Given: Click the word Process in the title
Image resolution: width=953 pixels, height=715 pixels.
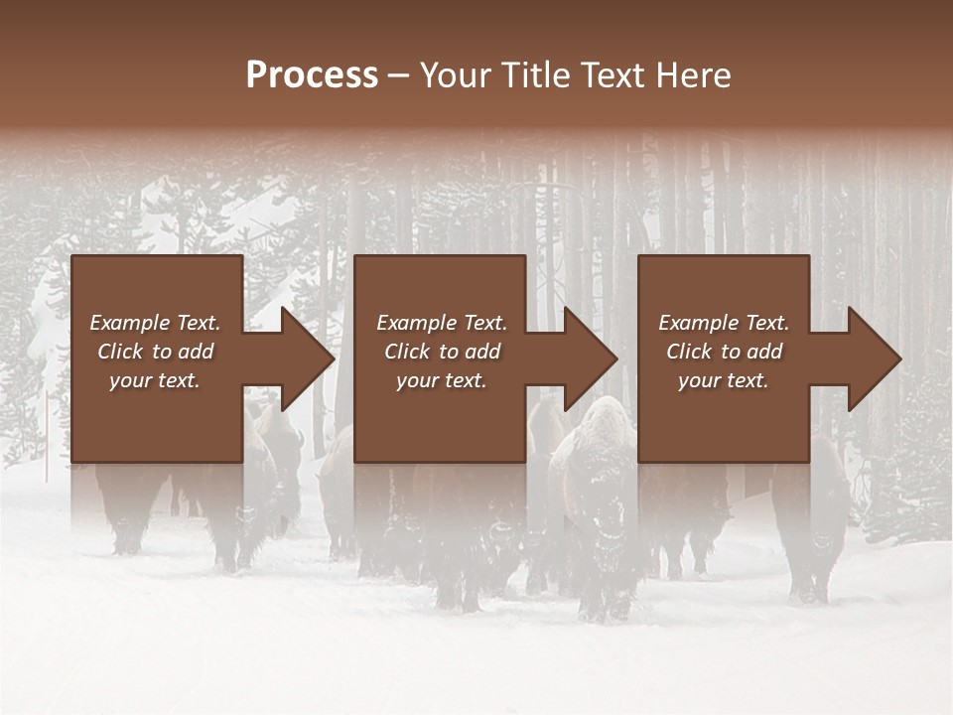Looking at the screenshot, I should click(x=312, y=75).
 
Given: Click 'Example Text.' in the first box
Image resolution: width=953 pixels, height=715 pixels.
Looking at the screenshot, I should click(x=155, y=323).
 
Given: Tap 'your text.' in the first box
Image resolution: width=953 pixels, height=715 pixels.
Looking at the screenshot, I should click(x=155, y=380).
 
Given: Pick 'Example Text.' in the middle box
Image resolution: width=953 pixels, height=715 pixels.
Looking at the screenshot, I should click(x=442, y=323).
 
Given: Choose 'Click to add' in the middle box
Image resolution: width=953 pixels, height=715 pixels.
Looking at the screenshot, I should click(x=442, y=352).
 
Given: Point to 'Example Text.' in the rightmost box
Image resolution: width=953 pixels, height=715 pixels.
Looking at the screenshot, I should click(x=724, y=323).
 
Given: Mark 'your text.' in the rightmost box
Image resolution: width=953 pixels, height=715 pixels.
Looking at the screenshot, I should click(x=724, y=380).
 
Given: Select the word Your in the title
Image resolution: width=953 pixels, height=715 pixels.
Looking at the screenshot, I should click(x=458, y=75).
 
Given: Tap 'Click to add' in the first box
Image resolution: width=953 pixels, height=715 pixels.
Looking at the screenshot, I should click(x=155, y=352).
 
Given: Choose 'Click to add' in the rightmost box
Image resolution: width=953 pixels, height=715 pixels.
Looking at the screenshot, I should click(x=724, y=352).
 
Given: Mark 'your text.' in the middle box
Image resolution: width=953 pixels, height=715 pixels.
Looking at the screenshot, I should click(x=442, y=380).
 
